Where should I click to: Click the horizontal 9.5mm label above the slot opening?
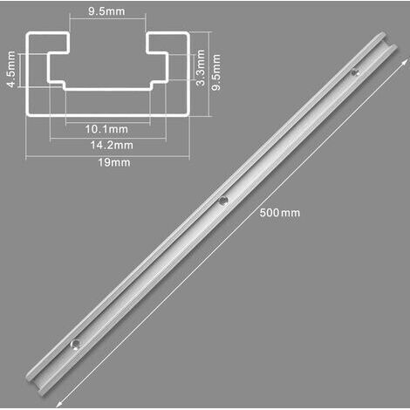point(106,11)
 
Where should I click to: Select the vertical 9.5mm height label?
point(216,72)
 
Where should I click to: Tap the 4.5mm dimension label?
point(11,69)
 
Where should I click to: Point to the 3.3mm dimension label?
point(201,67)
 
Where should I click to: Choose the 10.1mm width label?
point(106,129)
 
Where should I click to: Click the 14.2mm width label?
point(112,145)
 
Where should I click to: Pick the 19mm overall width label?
point(114,162)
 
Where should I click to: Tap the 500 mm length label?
point(279,213)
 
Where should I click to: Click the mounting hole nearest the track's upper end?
point(354,72)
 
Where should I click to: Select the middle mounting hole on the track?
point(223,201)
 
